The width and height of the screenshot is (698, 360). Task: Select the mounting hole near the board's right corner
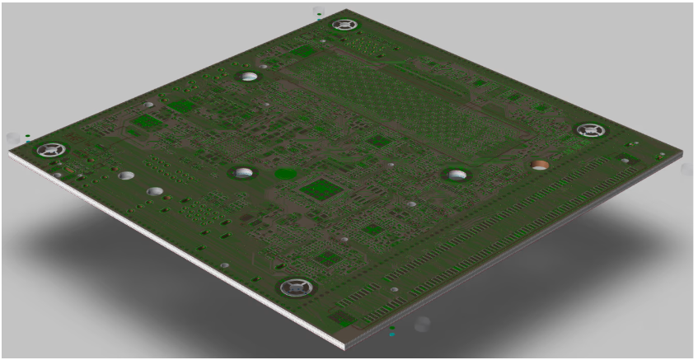coord(589,130)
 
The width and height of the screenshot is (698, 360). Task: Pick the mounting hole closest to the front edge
coord(293,288)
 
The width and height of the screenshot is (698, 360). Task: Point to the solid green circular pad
coord(285,174)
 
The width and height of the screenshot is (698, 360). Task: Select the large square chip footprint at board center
coord(320,189)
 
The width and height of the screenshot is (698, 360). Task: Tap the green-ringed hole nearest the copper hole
coord(455,174)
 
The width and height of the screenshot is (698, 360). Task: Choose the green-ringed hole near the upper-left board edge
coord(249,77)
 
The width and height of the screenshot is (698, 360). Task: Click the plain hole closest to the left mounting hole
coord(126,175)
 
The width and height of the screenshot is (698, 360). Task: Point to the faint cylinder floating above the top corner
coord(320,12)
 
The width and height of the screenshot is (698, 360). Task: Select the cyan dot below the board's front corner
coord(392,334)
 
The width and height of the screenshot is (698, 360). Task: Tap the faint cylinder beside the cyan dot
coord(422,324)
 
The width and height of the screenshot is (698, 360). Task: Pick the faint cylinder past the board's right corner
coord(686,168)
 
